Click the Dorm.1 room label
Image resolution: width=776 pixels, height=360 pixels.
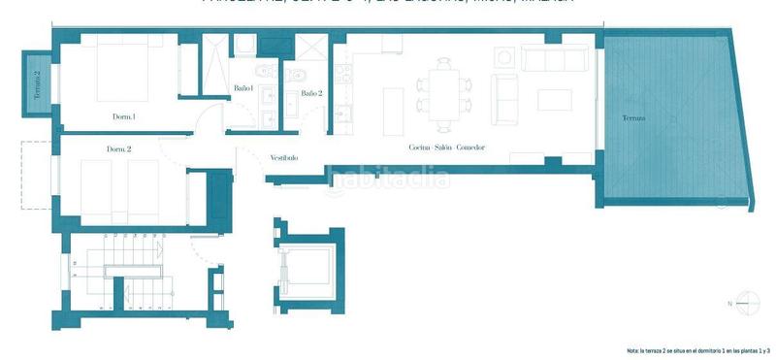click(x=123, y=117)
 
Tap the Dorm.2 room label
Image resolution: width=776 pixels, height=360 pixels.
click(x=119, y=149)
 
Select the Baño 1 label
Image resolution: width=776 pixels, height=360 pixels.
click(x=243, y=89)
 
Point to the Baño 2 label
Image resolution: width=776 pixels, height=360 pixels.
click(x=310, y=93)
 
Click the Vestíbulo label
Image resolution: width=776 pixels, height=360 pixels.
click(x=283, y=157)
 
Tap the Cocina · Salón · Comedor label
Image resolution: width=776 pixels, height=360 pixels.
click(x=446, y=147)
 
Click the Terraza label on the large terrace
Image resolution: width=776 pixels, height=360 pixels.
click(x=634, y=118)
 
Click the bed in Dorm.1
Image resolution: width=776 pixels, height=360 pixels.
click(x=113, y=74)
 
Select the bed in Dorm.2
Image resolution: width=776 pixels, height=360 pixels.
click(x=118, y=190)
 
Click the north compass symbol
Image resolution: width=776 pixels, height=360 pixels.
click(x=745, y=303)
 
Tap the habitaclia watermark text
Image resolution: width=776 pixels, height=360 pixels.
click(x=388, y=178)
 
